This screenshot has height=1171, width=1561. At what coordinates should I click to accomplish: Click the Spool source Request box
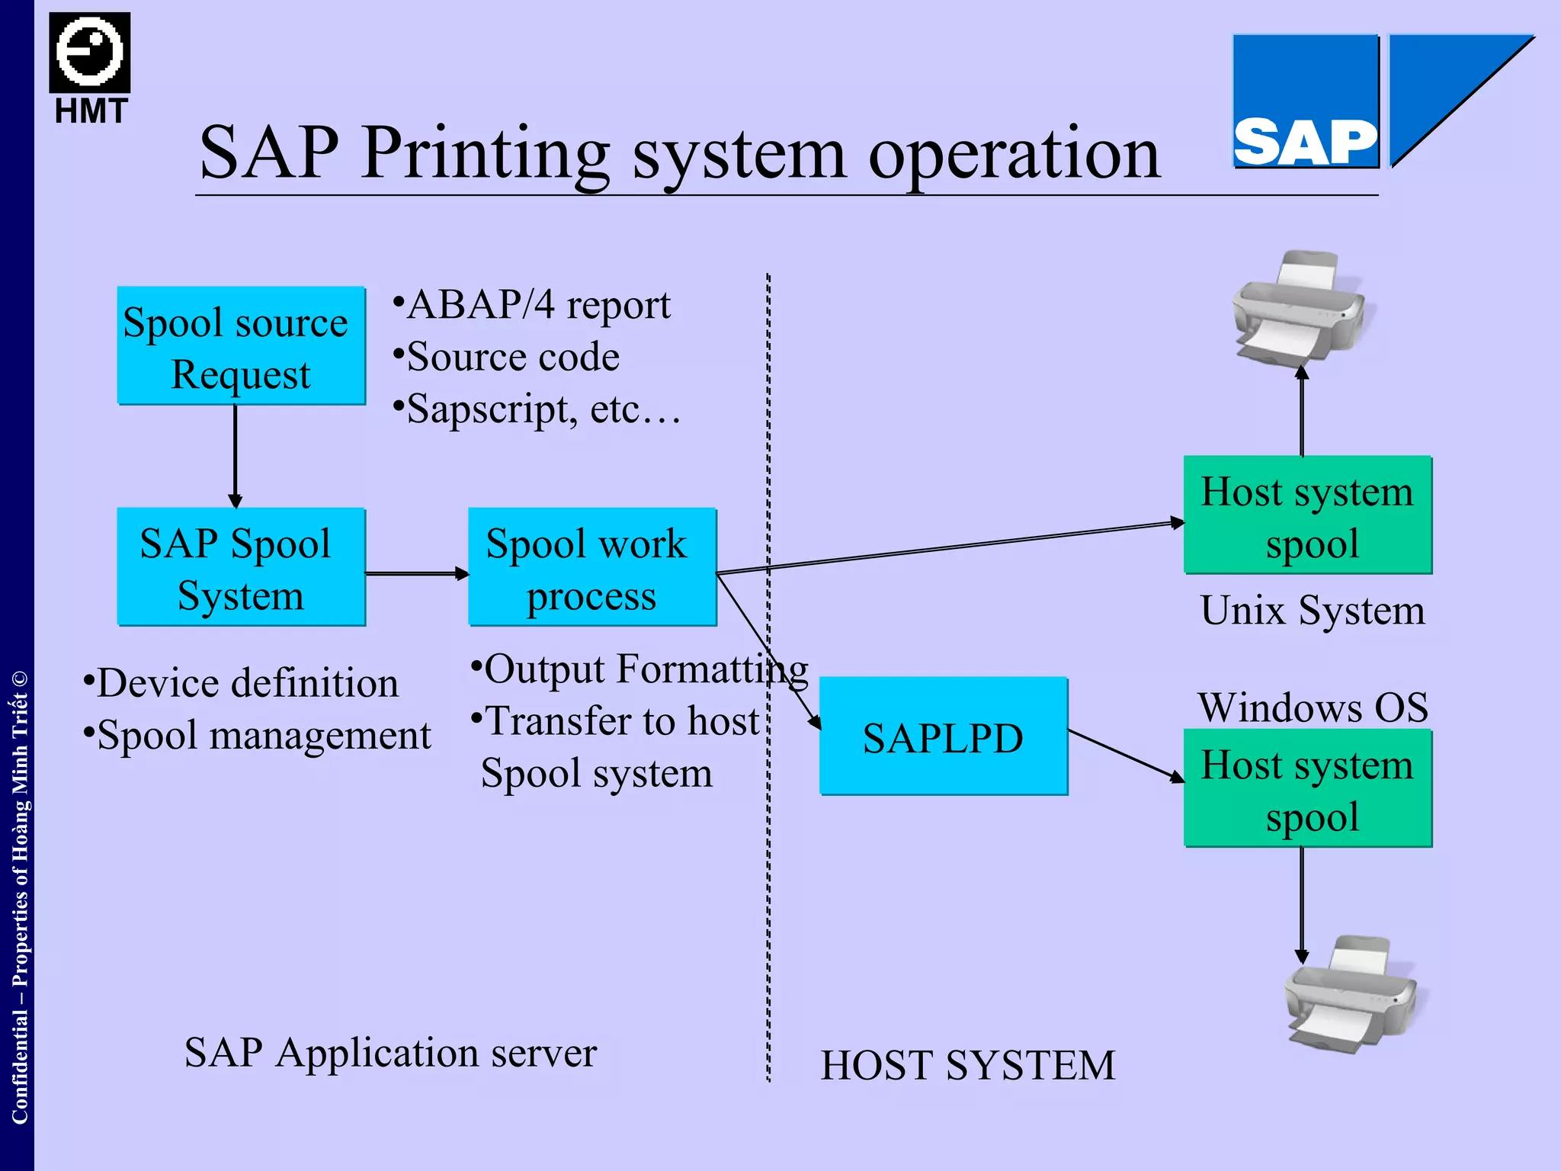(x=241, y=345)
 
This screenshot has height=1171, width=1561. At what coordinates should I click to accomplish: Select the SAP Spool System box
(x=241, y=566)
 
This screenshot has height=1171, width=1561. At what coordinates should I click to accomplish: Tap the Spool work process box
(x=592, y=566)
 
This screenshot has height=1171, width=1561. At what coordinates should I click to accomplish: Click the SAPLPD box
(x=943, y=736)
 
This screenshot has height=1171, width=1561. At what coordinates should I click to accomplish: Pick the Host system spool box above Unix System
(x=1307, y=515)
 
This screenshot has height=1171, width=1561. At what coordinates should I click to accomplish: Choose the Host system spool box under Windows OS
(x=1307, y=788)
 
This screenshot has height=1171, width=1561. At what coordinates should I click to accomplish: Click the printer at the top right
(x=1298, y=309)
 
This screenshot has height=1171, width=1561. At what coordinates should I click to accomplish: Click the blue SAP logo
(x=1305, y=101)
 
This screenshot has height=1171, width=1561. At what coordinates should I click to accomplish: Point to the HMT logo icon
(x=90, y=53)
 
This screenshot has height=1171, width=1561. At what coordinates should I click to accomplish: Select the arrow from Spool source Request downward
(x=235, y=455)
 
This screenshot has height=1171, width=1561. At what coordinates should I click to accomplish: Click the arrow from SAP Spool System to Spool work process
(x=416, y=573)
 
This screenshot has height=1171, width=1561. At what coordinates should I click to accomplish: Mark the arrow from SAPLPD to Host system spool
(x=1125, y=755)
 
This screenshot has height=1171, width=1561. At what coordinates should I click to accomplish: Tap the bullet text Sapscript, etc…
(x=543, y=409)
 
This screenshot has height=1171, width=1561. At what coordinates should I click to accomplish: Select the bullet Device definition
(x=246, y=682)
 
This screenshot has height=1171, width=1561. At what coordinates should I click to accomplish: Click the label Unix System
(x=1312, y=610)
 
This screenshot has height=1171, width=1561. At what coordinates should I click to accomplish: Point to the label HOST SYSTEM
(x=967, y=1065)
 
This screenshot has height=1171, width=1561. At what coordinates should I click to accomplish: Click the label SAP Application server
(x=390, y=1053)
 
